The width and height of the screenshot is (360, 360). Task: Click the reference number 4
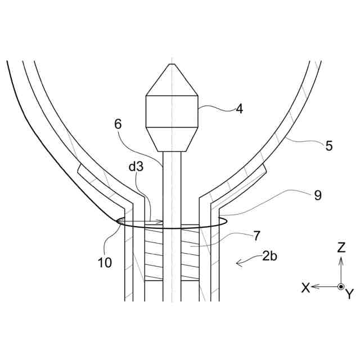(239, 109)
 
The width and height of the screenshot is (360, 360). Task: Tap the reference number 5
(328, 146)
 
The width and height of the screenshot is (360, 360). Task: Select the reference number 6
(118, 125)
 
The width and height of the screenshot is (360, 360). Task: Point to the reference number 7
(256, 235)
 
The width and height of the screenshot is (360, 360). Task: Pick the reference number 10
(103, 262)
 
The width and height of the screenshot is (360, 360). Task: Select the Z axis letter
(341, 247)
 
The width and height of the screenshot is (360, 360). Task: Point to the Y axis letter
(349, 293)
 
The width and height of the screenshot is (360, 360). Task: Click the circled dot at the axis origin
(341, 286)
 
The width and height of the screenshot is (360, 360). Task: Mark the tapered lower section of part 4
(172, 139)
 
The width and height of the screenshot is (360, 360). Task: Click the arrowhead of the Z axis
(341, 258)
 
